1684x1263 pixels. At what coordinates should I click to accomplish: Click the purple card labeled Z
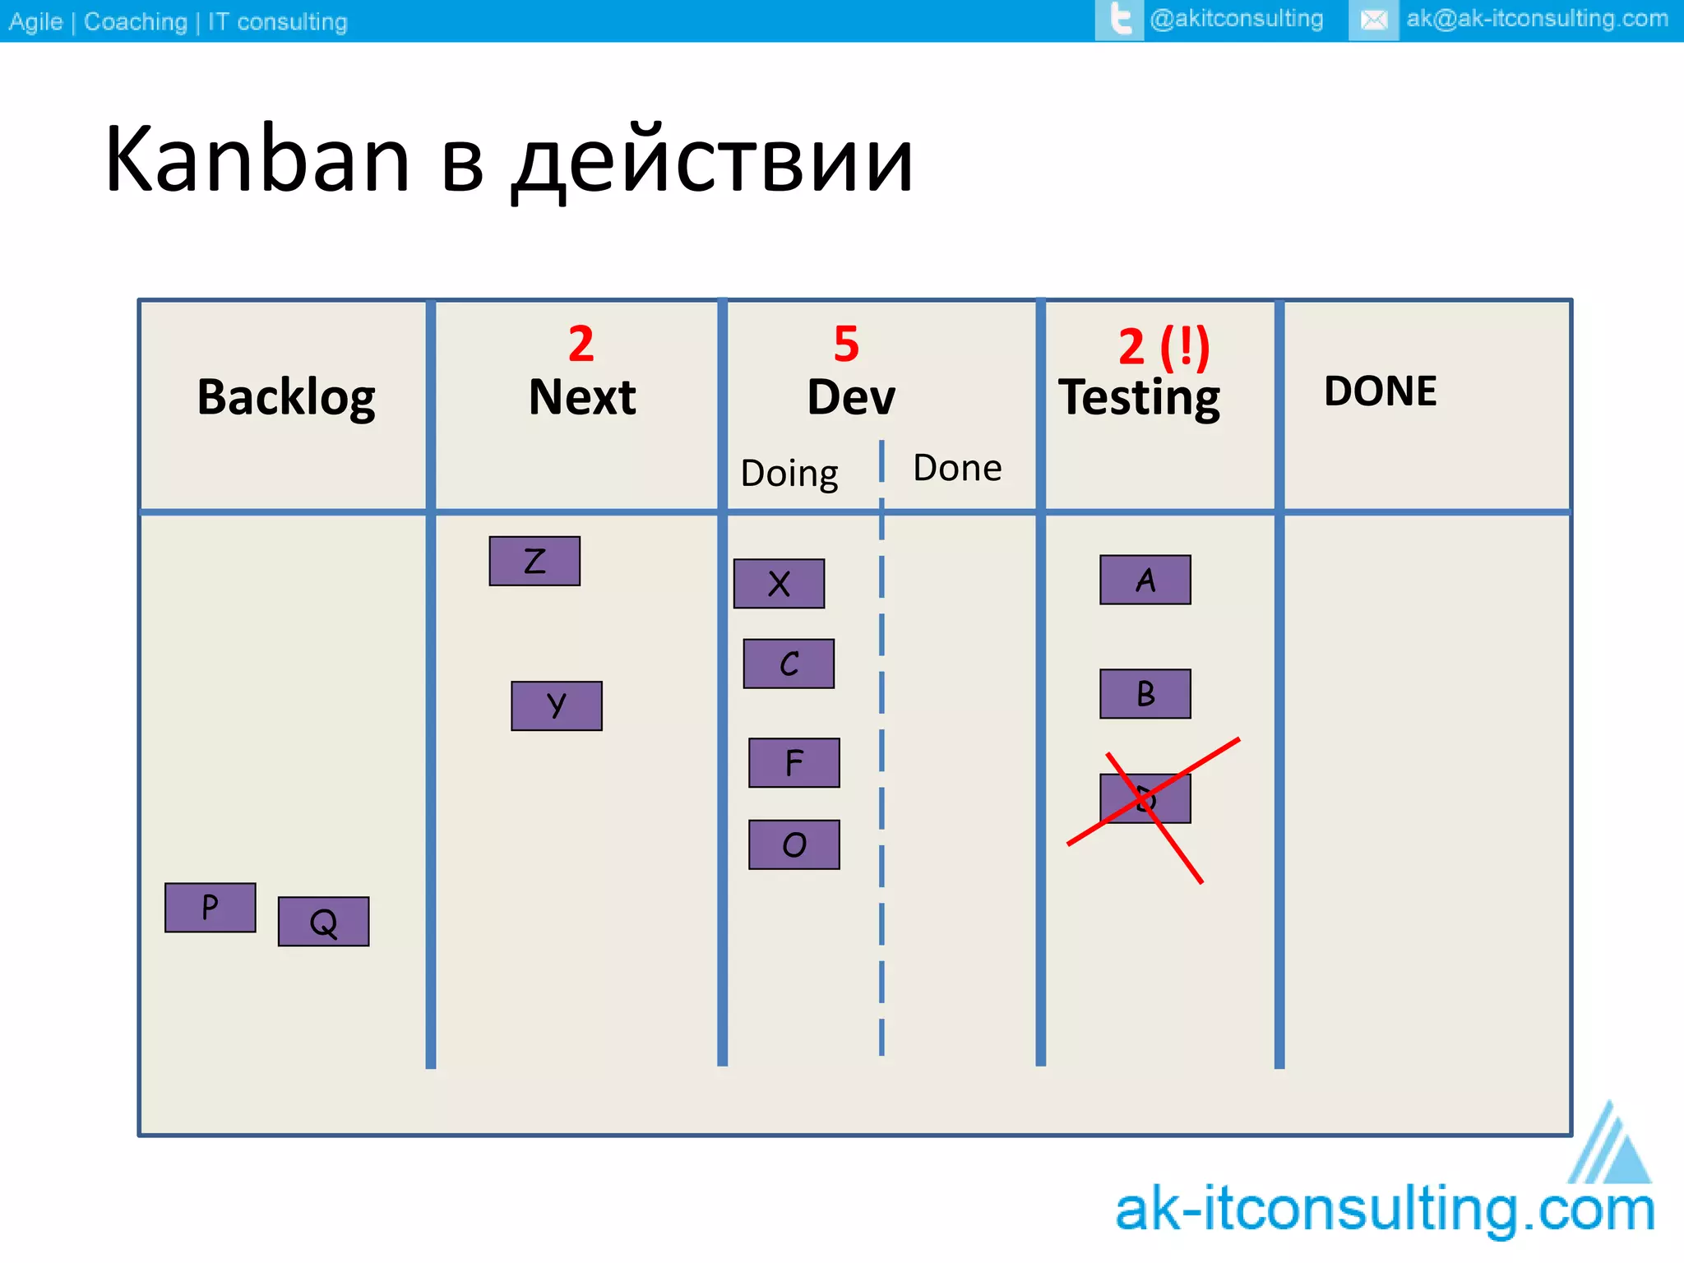tap(534, 562)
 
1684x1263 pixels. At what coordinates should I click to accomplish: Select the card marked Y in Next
tap(557, 706)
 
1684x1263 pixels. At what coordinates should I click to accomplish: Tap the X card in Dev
tap(779, 584)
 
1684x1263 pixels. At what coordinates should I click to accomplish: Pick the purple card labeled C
tap(789, 664)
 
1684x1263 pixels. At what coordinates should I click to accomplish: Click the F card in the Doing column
tap(793, 763)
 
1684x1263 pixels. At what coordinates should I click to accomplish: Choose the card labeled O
tap(793, 844)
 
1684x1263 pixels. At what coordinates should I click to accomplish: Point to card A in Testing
tap(1145, 580)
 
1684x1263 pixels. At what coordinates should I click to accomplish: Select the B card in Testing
tap(1145, 694)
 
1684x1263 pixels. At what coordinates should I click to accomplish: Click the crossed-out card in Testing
tap(1145, 798)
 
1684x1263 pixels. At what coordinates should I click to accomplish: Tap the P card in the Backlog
tap(210, 908)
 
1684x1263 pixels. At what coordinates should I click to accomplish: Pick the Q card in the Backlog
tap(323, 922)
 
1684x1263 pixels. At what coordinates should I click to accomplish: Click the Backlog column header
tap(286, 398)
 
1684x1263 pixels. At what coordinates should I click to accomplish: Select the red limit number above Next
tap(581, 344)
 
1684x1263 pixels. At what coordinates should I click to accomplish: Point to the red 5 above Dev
tap(846, 344)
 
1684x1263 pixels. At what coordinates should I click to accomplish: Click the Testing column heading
tap(1139, 398)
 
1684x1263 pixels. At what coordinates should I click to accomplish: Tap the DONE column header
tap(1381, 391)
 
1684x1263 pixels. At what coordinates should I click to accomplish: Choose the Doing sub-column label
tap(789, 474)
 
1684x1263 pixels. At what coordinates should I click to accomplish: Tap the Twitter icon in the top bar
tap(1119, 20)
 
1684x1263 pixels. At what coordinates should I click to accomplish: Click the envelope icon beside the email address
tap(1373, 20)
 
